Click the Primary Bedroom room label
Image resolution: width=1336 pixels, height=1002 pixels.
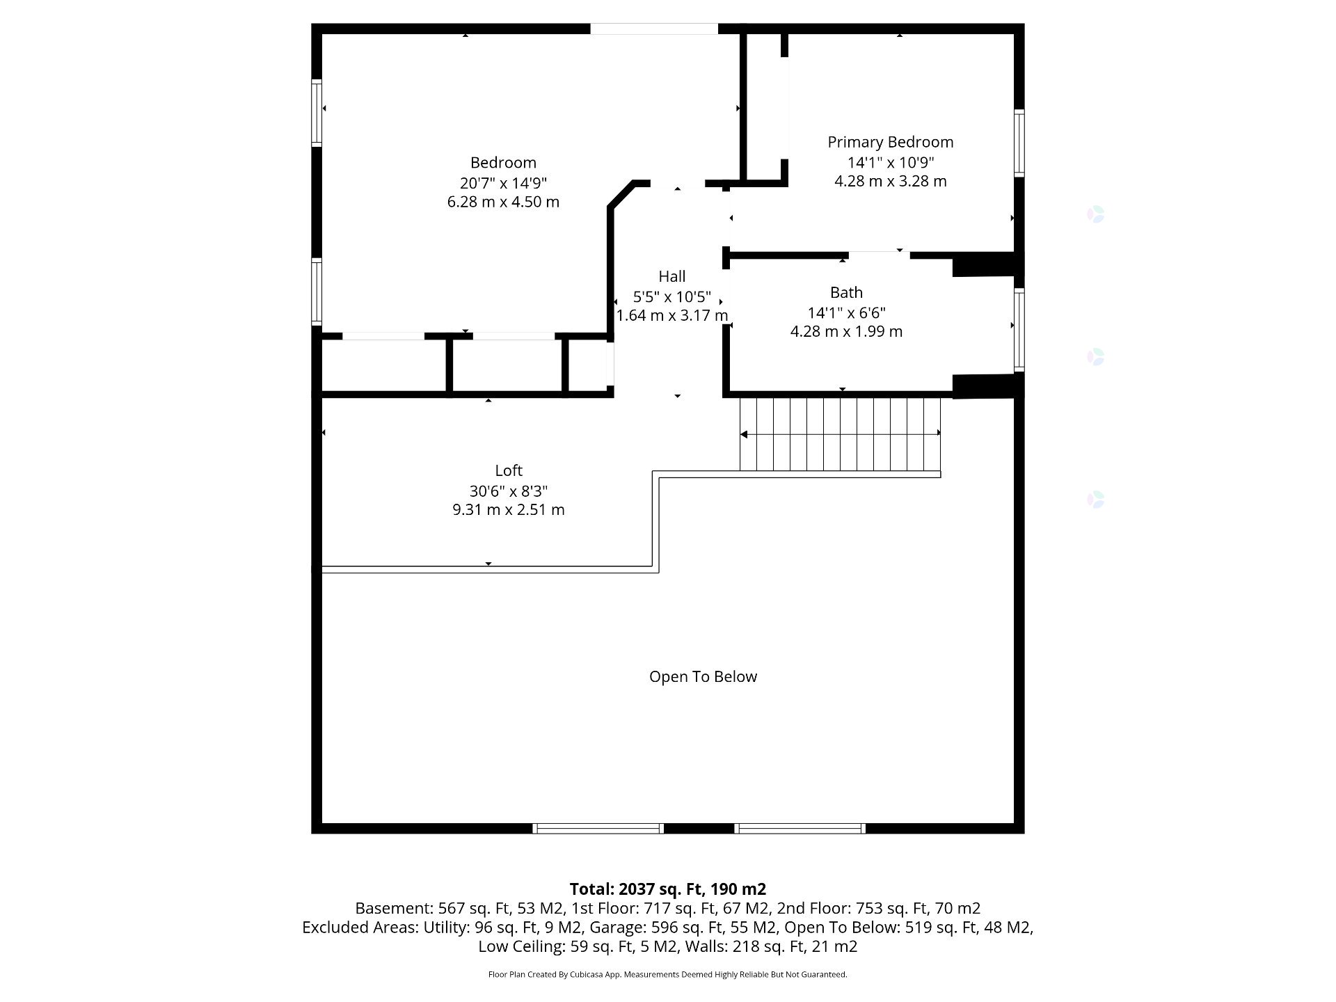[x=890, y=142]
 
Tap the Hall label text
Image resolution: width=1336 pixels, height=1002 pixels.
[x=672, y=276]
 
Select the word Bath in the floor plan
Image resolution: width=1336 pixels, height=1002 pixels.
[x=846, y=292]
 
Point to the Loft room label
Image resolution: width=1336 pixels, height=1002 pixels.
[x=509, y=470]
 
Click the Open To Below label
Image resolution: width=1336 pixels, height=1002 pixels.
[x=703, y=676]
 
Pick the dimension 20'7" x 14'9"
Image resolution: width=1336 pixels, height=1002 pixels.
[x=503, y=183]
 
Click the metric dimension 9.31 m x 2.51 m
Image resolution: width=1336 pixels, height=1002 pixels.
[x=509, y=509]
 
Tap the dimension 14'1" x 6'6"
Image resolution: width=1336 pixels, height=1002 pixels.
[x=846, y=312]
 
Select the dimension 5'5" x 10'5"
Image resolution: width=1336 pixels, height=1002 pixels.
[x=672, y=296]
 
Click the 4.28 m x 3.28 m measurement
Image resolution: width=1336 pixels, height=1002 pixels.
[x=891, y=181]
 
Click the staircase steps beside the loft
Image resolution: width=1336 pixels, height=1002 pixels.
[x=840, y=434]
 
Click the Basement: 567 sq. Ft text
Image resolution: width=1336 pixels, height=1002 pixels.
[x=433, y=908]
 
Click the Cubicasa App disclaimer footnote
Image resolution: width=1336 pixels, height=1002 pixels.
[x=668, y=974]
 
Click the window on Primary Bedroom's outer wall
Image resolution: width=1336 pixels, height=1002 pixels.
[x=1019, y=143]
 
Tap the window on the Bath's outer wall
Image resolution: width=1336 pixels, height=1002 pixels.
[x=1019, y=329]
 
